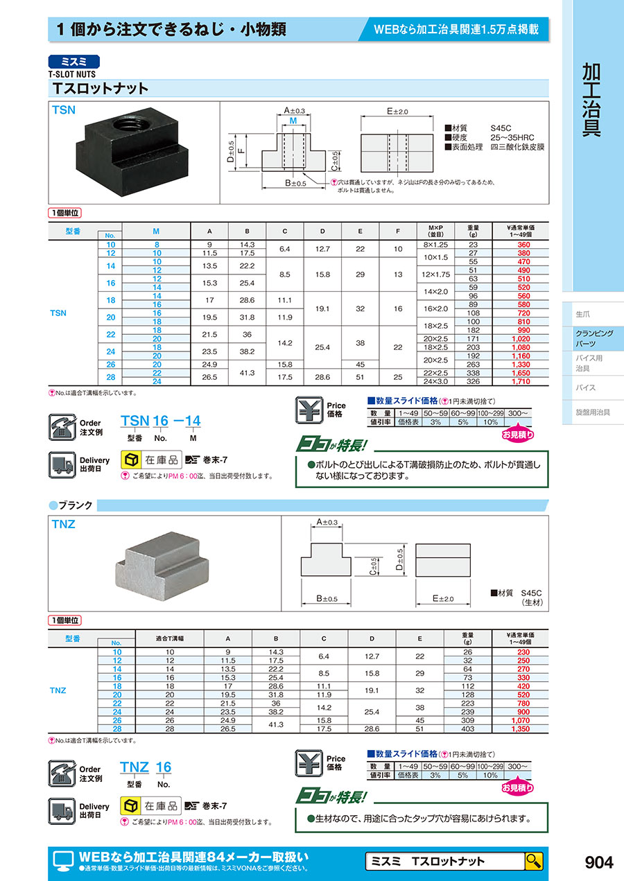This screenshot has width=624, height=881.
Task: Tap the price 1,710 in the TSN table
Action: click(x=522, y=382)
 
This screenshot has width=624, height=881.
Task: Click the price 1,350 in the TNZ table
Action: click(x=522, y=729)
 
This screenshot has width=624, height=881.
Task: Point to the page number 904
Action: click(x=599, y=862)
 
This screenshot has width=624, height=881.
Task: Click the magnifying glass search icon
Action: click(x=534, y=862)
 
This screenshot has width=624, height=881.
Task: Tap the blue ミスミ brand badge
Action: click(x=74, y=61)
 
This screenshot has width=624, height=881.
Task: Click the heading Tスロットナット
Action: click(x=101, y=89)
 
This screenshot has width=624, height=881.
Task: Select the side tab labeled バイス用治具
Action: click(x=589, y=363)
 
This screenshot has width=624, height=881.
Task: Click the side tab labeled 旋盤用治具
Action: click(x=593, y=412)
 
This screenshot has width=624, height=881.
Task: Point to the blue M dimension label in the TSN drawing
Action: click(x=294, y=121)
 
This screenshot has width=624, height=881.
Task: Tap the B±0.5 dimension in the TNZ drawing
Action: click(x=326, y=598)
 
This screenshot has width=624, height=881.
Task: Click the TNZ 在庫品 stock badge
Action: click(x=151, y=806)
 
